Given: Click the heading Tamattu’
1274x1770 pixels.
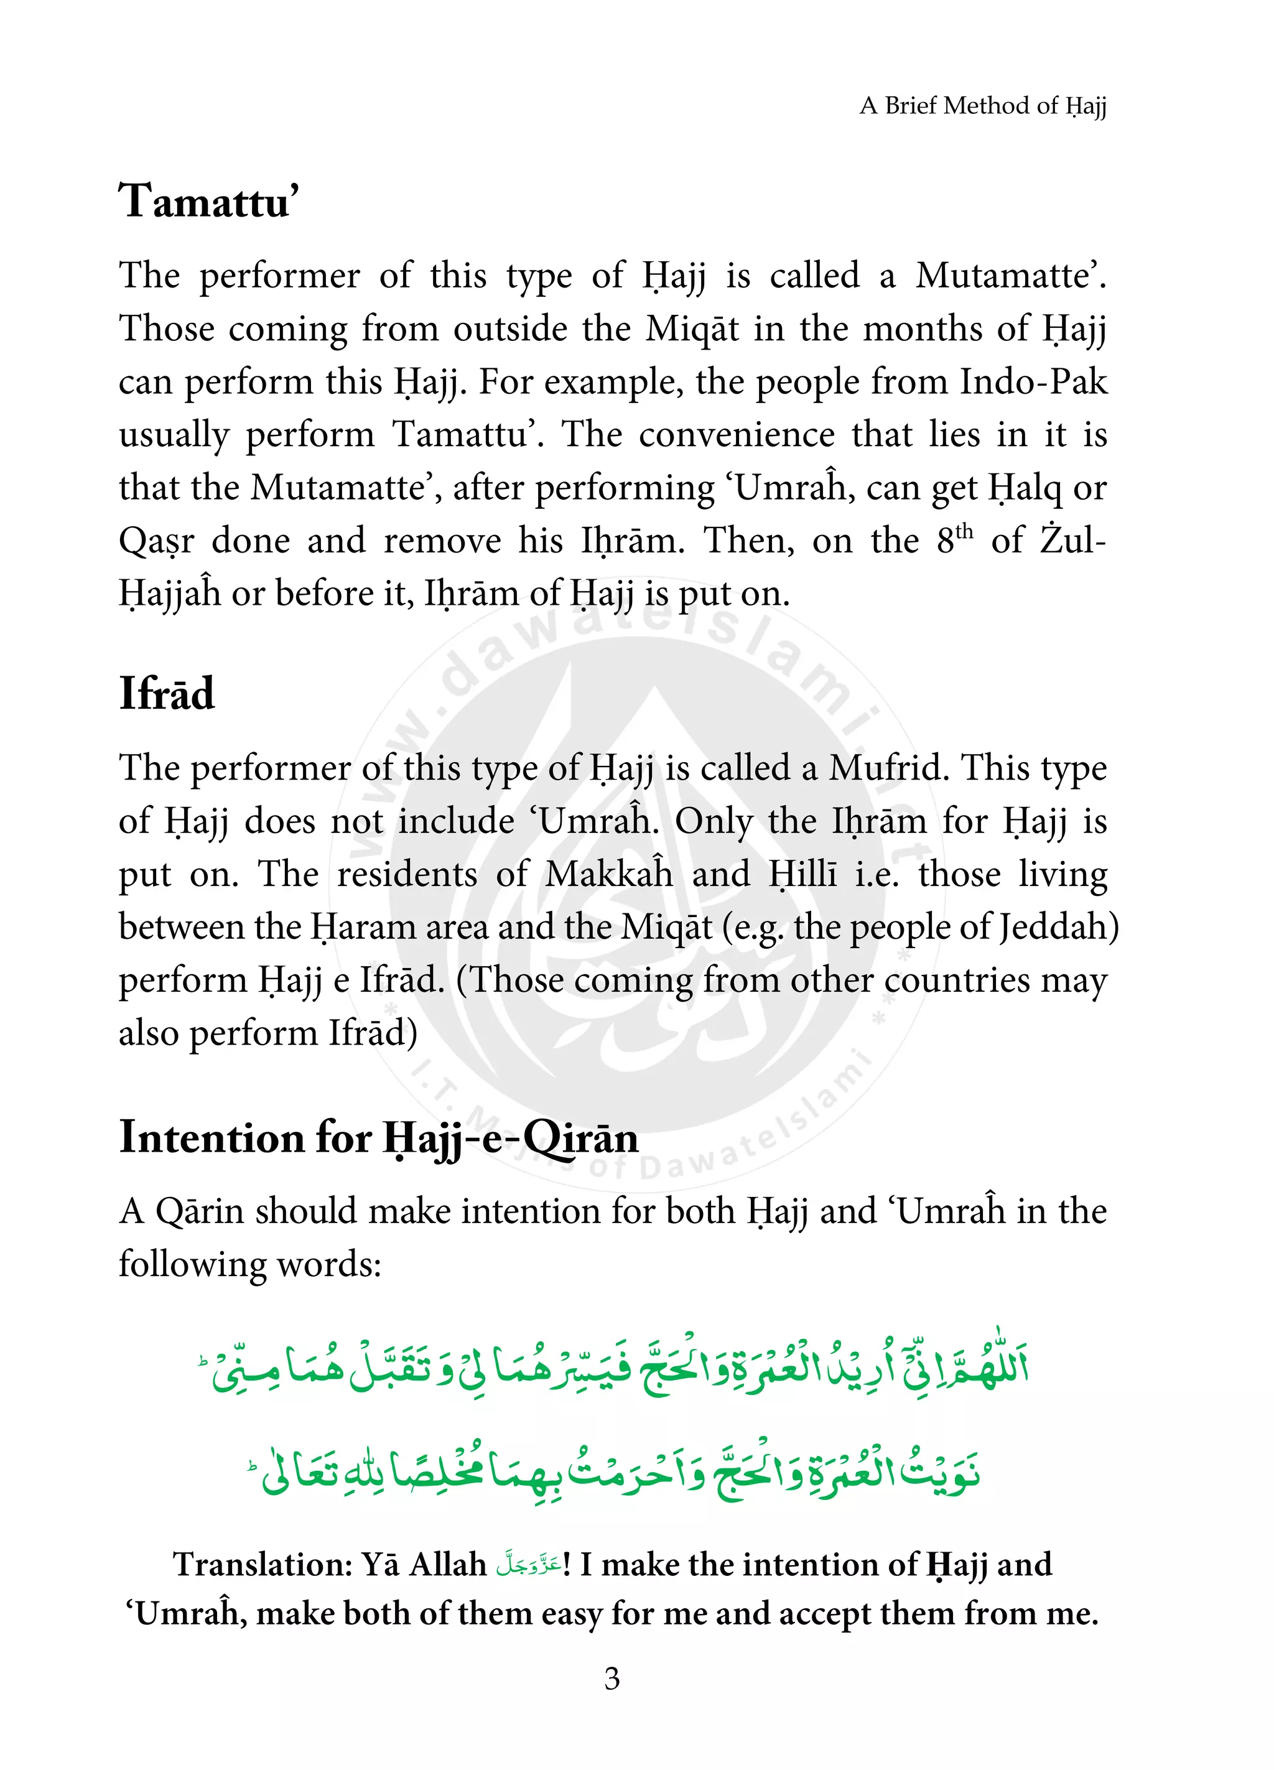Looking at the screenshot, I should tap(208, 202).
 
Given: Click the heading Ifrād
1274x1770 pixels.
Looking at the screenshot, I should tap(166, 693).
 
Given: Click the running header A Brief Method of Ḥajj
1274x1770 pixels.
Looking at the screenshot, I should tap(982, 105).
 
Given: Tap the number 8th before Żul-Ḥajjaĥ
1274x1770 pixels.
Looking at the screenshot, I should tap(954, 539).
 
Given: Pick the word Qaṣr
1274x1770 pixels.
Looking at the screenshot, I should tap(156, 541).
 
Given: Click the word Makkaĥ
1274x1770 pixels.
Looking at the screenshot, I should tap(608, 874).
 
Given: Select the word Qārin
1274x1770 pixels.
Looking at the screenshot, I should tap(198, 1211).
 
